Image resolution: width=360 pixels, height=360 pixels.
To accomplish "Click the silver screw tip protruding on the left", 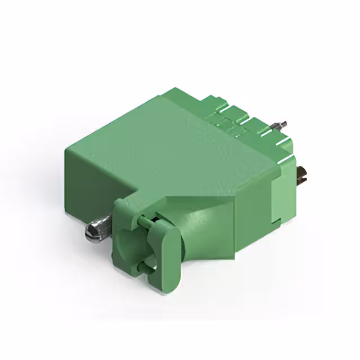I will point(93,230).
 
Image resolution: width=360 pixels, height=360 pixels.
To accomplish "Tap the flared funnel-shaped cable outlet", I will point(208,231).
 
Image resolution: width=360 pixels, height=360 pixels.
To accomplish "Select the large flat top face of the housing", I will point(169,146).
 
